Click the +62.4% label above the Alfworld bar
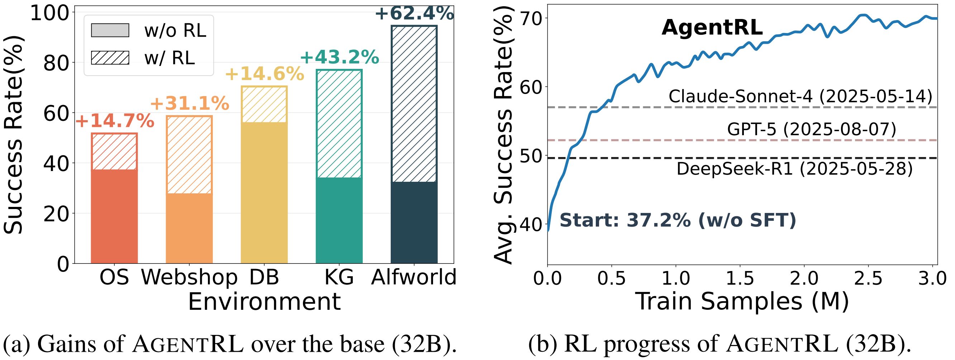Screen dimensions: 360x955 (x=414, y=14)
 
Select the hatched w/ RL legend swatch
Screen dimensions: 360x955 (x=110, y=58)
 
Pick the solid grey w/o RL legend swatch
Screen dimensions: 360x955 (x=110, y=30)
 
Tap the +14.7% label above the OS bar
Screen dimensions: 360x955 (x=115, y=121)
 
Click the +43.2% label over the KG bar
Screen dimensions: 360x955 (x=339, y=57)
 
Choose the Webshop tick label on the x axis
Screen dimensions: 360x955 (x=189, y=277)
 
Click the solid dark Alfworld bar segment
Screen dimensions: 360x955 (x=414, y=222)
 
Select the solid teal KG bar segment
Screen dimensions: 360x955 (x=339, y=220)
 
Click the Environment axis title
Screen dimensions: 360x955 (x=264, y=302)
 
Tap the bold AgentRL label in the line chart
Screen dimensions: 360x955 (x=712, y=28)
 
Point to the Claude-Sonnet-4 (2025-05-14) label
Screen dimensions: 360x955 (x=800, y=96)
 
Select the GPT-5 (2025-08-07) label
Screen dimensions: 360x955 (x=811, y=130)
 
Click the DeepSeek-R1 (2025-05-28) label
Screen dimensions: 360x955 (x=794, y=169)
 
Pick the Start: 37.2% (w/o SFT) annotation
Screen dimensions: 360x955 (x=678, y=220)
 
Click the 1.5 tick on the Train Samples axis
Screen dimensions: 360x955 (x=740, y=278)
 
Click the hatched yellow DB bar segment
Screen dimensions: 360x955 (x=264, y=105)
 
